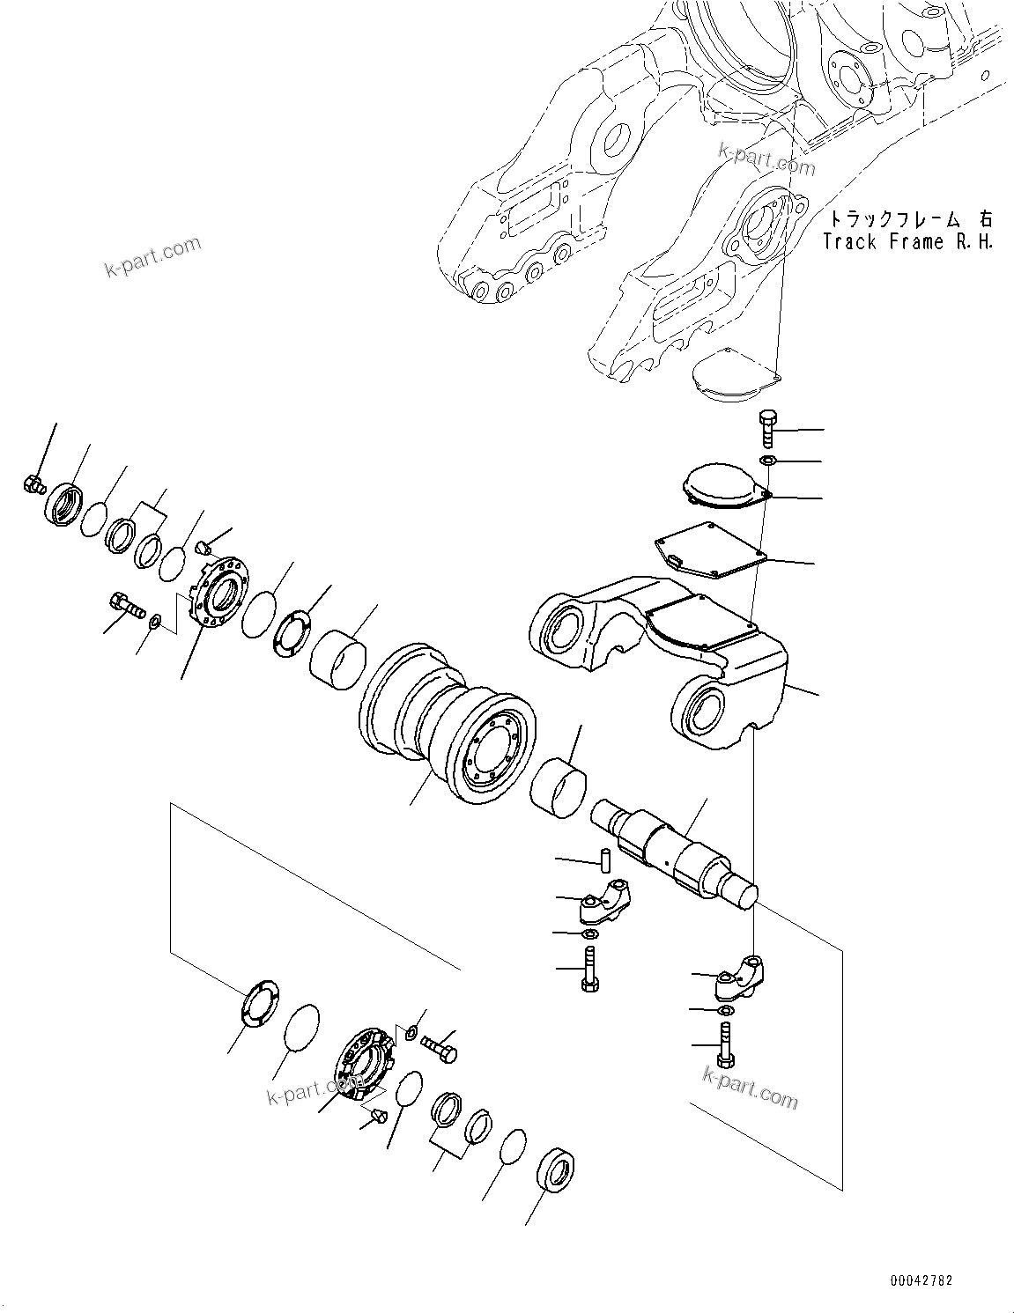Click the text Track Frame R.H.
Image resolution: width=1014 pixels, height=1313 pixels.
[907, 242]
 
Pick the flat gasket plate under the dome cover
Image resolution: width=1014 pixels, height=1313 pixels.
[709, 550]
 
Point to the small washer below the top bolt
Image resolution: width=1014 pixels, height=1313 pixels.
[767, 461]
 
